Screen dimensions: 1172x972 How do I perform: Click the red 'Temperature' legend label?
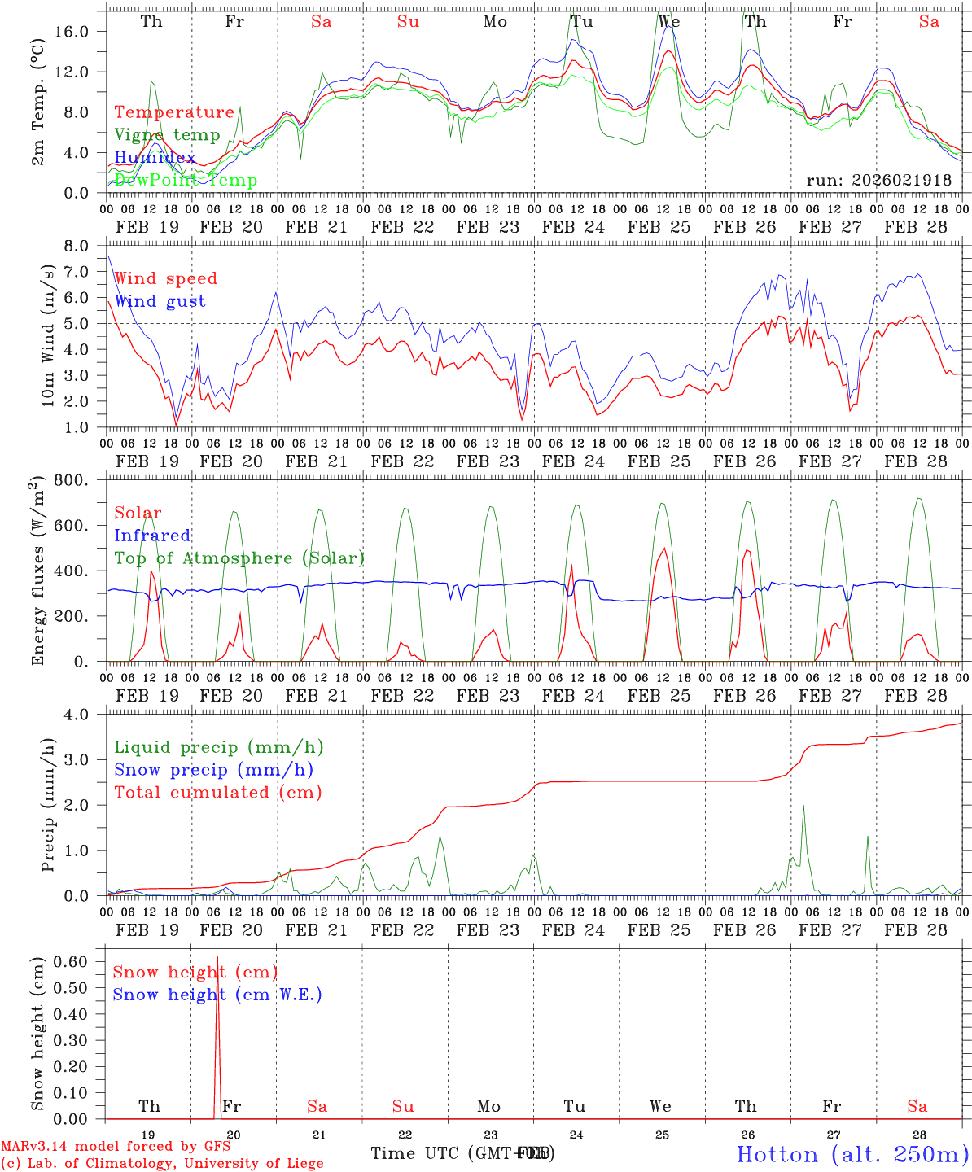tap(174, 112)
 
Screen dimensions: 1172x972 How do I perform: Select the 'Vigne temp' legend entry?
tap(167, 135)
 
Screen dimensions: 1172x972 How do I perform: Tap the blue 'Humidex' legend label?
tap(155, 157)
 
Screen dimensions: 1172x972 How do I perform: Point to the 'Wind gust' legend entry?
tap(160, 301)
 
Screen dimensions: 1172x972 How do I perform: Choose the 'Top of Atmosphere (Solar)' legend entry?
tap(239, 558)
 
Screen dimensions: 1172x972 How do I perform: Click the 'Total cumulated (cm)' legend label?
tap(217, 792)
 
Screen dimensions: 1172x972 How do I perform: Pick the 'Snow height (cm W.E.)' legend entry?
tap(217, 995)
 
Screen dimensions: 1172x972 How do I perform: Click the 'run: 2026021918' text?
tap(878, 180)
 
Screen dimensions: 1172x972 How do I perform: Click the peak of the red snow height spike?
tap(217, 958)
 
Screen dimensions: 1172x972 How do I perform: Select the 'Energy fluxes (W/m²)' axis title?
tap(38, 572)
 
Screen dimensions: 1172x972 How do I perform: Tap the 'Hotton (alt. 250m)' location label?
tap(852, 1153)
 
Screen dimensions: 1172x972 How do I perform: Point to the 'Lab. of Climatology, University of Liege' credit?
tap(162, 1164)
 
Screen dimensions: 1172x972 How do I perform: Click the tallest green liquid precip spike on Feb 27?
tap(803, 807)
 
